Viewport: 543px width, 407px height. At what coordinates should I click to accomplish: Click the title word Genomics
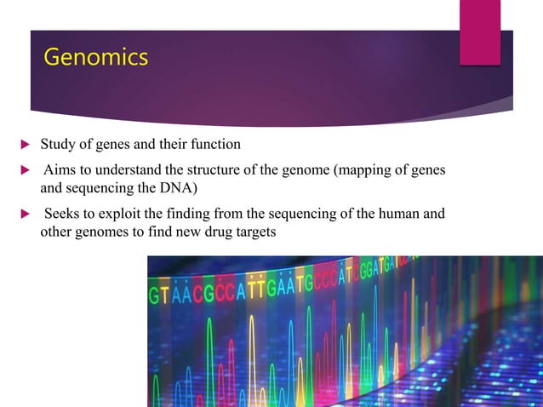pyautogui.click(x=95, y=57)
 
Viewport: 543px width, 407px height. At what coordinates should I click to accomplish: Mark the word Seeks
pyautogui.click(x=63, y=213)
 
